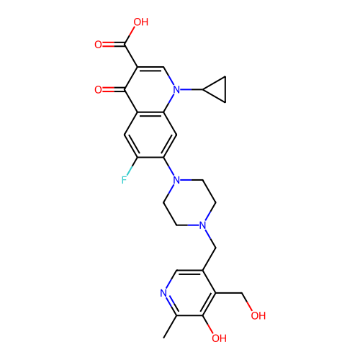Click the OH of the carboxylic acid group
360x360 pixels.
point(140,22)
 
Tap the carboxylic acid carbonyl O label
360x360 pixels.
point(98,45)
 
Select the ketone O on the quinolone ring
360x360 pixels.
point(98,90)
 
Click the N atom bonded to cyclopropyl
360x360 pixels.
point(176,90)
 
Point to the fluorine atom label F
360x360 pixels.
point(124,180)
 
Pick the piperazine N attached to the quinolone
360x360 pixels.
point(176,180)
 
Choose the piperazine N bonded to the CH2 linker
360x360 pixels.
point(203,225)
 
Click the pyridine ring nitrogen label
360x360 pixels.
point(163,293)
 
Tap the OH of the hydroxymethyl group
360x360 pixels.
point(258,315)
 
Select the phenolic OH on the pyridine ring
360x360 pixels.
point(219,338)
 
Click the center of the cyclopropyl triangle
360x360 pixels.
point(218,90)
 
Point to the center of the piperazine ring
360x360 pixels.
point(189,203)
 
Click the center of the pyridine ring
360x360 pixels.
point(189,293)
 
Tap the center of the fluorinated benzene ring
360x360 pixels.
point(150,135)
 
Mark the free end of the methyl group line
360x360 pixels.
point(163,338)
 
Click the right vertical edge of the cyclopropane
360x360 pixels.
point(225,90)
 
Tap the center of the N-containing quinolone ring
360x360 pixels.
point(150,90)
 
